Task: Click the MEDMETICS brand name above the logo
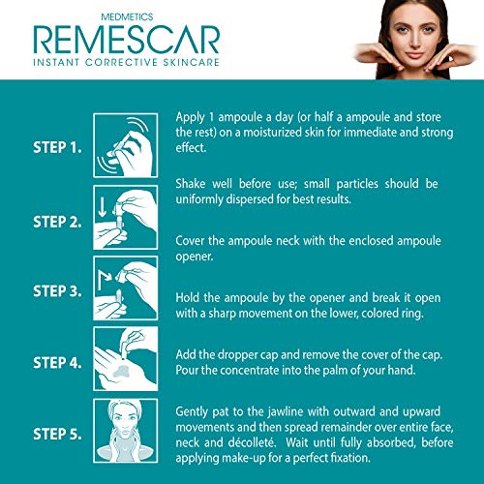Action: click(127, 16)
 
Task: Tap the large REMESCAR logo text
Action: click(127, 40)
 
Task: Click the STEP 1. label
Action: click(57, 147)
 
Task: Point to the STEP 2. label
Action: click(57, 222)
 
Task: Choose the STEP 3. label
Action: click(57, 291)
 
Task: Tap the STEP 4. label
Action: click(57, 363)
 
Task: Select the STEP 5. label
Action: click(57, 434)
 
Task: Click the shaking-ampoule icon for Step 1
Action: click(126, 145)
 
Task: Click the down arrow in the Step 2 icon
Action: click(103, 207)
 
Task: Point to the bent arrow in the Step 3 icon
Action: click(104, 278)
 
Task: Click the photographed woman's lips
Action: click(414, 55)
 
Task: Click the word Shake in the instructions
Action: click(191, 184)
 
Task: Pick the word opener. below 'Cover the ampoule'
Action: click(195, 257)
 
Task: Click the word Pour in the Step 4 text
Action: click(187, 370)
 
